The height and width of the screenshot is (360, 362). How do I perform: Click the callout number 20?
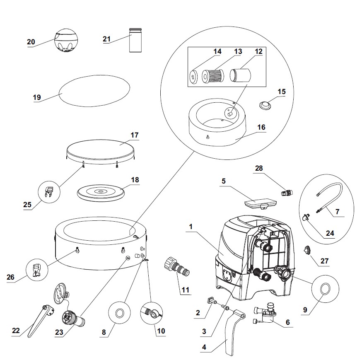coord(31,42)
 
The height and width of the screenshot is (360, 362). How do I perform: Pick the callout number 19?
coord(37,97)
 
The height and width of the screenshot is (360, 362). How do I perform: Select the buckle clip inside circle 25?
coord(48,192)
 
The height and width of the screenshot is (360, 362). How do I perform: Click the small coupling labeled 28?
coord(286,193)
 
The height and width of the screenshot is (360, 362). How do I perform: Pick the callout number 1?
coord(191,227)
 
